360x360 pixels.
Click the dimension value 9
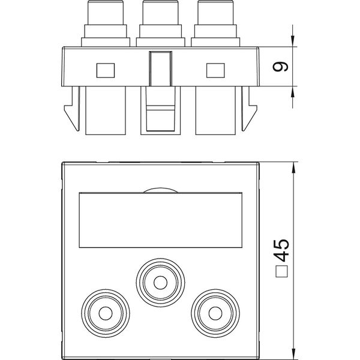tap(280, 67)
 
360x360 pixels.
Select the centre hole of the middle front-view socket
tap(160, 283)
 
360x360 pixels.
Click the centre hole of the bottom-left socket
tap(106, 313)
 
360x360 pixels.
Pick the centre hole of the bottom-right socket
tap(215, 313)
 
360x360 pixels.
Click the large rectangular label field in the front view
tap(160, 220)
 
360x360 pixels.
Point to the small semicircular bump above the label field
tap(160, 190)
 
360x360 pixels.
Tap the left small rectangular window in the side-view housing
tap(106, 70)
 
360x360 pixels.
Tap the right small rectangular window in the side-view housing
tap(215, 70)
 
